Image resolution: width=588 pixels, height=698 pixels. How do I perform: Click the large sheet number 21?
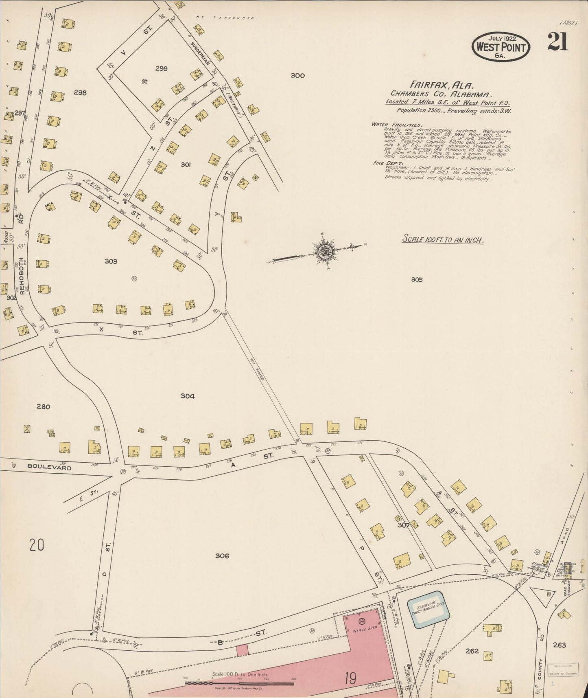pyautogui.click(x=557, y=42)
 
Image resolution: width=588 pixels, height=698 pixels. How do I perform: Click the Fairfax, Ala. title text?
pyautogui.click(x=442, y=86)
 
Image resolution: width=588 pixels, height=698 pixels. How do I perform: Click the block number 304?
pyautogui.click(x=187, y=396)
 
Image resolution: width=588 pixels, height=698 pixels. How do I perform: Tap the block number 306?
pyautogui.click(x=222, y=555)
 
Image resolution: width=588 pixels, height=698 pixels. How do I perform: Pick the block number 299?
pyautogui.click(x=161, y=68)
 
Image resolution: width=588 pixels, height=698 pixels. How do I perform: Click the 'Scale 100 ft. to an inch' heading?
pyautogui.click(x=443, y=239)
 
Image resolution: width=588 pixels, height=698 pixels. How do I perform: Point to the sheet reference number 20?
pyautogui.click(x=37, y=544)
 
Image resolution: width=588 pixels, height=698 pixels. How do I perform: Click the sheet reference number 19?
pyautogui.click(x=350, y=678)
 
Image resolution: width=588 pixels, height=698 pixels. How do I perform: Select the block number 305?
pyautogui.click(x=417, y=279)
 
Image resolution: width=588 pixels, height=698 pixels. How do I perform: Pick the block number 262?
pyautogui.click(x=472, y=651)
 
